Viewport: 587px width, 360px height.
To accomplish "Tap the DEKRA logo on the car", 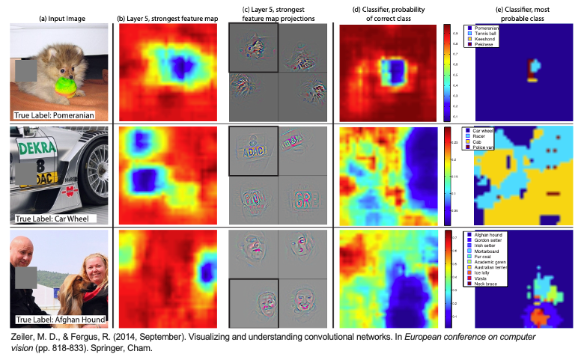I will tap(33, 148).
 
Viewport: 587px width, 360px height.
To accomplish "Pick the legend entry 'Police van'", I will tap(488, 147).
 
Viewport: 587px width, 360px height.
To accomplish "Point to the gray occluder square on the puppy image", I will tap(25, 72).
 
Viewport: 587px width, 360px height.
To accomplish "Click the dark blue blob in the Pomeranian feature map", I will tap(177, 61).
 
